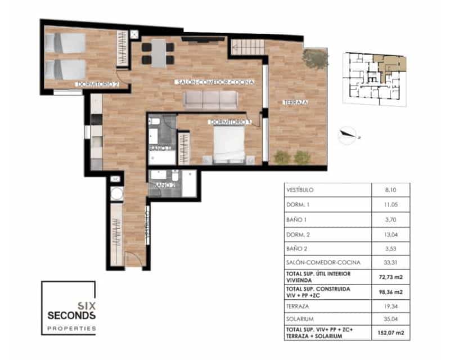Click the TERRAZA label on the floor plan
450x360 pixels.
point(296,102)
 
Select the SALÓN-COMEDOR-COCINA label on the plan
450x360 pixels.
point(215,82)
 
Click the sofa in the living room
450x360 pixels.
point(210,100)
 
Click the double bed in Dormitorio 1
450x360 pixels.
point(229,145)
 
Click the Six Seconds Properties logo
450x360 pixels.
point(69,308)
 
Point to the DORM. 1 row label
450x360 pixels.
point(298,205)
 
